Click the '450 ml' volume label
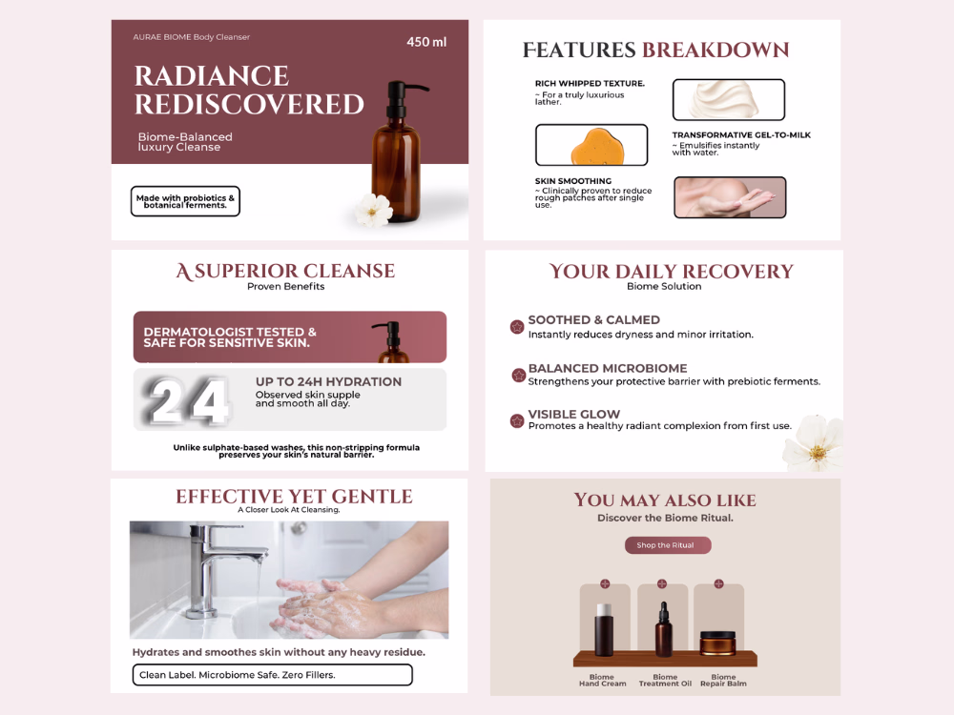click(x=426, y=42)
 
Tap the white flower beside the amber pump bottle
click(x=374, y=210)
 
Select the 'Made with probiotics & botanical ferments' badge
click(x=186, y=201)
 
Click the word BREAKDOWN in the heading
click(x=715, y=50)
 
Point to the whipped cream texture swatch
click(x=728, y=100)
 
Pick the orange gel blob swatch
click(x=591, y=145)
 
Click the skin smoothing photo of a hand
click(x=730, y=197)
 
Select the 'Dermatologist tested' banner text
click(x=230, y=337)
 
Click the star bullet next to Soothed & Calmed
click(x=517, y=327)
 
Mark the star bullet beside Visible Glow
click(x=517, y=420)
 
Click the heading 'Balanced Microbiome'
click(x=608, y=368)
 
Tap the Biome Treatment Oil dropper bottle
click(x=664, y=629)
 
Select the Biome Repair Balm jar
click(x=718, y=643)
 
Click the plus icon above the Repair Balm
click(x=718, y=583)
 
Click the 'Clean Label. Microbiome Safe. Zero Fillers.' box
click(x=273, y=675)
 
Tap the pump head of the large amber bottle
click(x=402, y=92)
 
